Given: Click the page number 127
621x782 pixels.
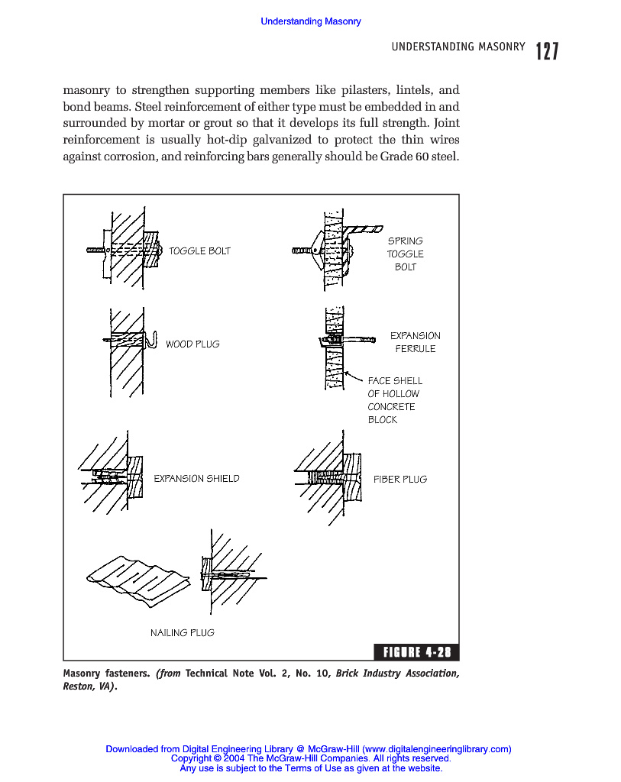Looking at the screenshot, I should (x=547, y=51).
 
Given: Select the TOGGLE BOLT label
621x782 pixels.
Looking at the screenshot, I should (x=199, y=250).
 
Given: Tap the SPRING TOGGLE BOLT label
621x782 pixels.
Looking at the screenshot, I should (x=405, y=254).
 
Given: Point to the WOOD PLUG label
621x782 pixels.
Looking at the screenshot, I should (x=192, y=344).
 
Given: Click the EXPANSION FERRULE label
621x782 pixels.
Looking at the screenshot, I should (x=416, y=342).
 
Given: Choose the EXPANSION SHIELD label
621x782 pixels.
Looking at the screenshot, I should (x=196, y=479).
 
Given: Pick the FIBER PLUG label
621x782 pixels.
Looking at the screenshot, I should (x=400, y=480).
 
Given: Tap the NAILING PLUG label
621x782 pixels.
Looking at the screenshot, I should (x=182, y=632).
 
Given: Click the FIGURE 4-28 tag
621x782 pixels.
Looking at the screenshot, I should (x=416, y=652).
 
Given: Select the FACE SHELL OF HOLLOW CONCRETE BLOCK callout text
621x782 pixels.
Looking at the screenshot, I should (x=394, y=400).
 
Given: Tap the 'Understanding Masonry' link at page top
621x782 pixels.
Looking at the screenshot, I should (x=310, y=21).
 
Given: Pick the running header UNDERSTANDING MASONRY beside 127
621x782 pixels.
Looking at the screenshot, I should (x=458, y=47).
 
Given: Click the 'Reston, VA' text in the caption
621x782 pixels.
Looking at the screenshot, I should (x=86, y=687).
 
